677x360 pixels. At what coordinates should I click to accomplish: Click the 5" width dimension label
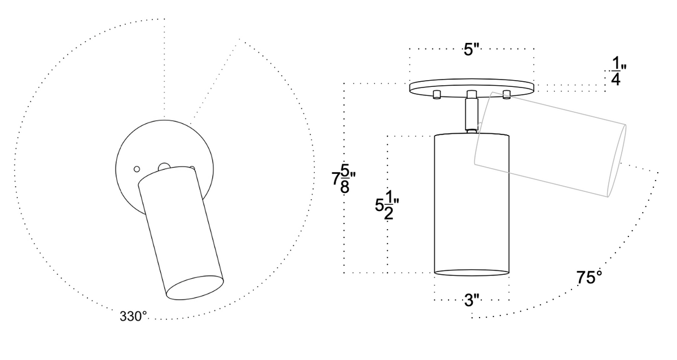tap(471, 50)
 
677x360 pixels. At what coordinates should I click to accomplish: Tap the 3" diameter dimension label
tap(472, 300)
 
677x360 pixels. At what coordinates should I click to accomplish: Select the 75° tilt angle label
tap(589, 278)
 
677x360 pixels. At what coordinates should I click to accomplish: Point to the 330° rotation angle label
tap(133, 317)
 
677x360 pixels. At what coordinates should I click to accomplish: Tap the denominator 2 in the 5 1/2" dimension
tap(389, 214)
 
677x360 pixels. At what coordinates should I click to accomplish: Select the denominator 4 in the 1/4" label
tap(616, 80)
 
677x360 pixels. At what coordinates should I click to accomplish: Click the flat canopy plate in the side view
tap(471, 86)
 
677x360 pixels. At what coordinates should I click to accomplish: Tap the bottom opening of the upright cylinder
tap(472, 274)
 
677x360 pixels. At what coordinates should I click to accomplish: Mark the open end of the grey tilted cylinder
tap(617, 161)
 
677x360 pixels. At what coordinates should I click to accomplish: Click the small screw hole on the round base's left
tap(136, 169)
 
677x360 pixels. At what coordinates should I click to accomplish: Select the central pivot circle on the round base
tap(164, 167)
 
